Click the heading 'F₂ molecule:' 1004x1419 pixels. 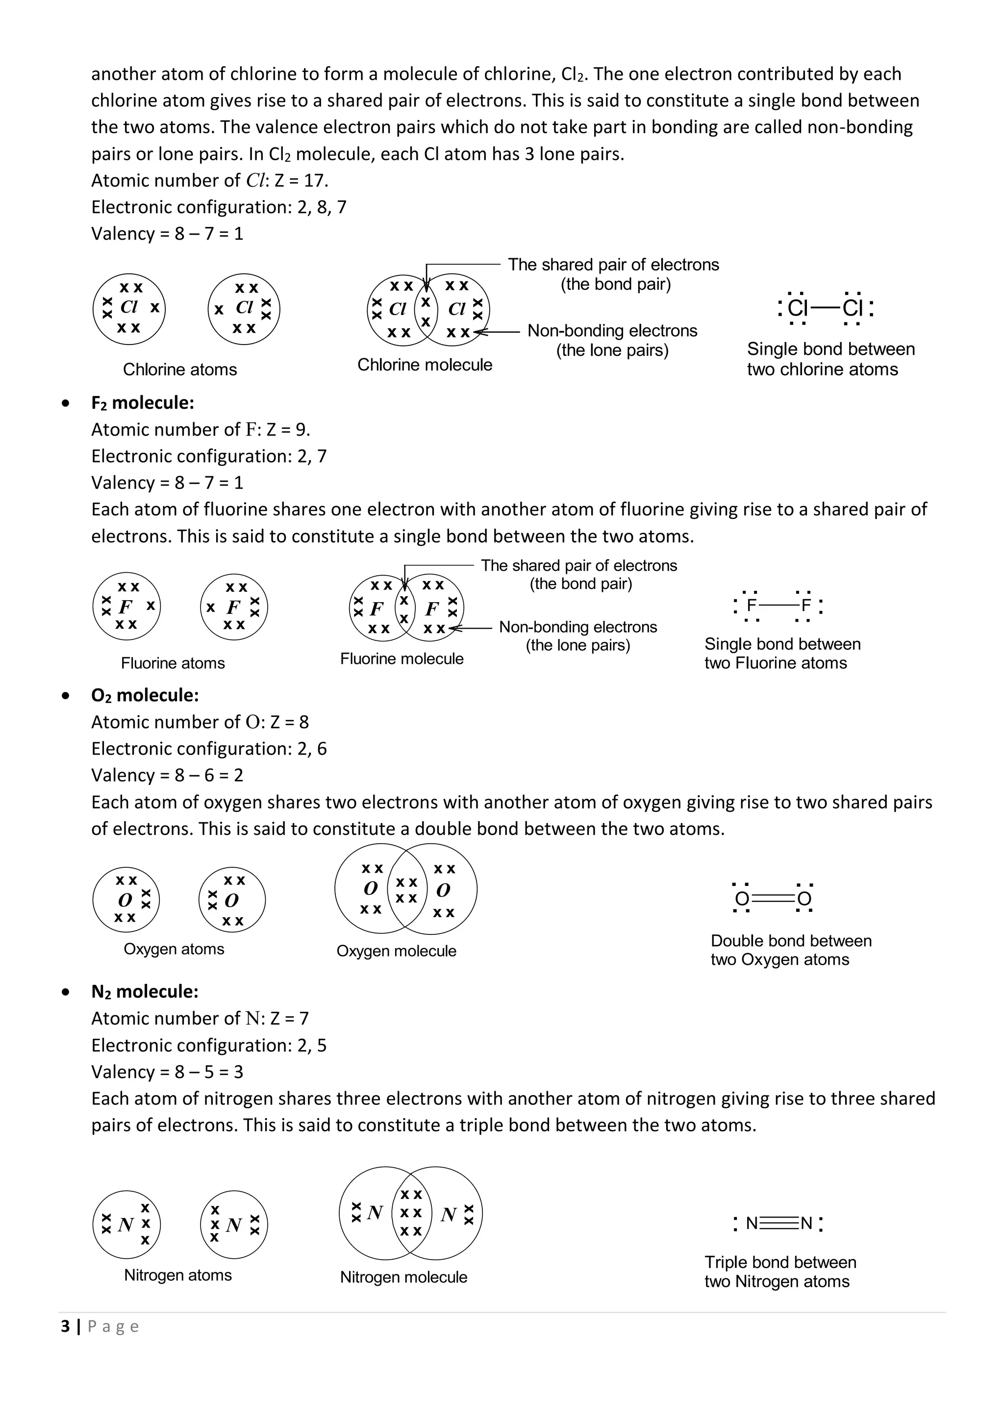pos(142,403)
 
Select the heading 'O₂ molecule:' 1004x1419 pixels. pos(145,695)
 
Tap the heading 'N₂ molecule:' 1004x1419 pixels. pos(145,991)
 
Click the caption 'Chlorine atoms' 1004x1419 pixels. pos(180,369)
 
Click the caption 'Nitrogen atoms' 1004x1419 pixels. pos(178,1275)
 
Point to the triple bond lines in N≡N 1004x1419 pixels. pos(779,1223)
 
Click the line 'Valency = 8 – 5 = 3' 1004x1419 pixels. pos(167,1072)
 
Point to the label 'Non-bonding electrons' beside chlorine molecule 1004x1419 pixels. pos(612,331)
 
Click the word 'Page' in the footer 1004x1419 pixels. pos(113,1326)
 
